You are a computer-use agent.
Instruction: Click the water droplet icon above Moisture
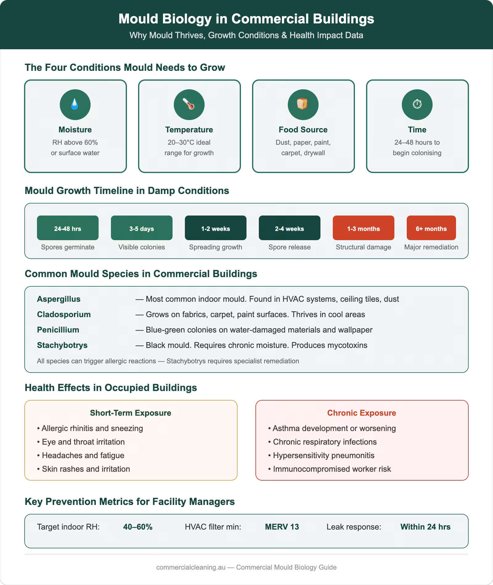pos(75,105)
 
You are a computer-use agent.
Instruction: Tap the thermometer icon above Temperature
pos(189,105)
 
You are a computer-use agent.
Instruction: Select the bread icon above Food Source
pos(303,105)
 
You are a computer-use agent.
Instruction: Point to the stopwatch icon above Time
pos(417,105)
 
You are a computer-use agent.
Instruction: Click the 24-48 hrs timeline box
pos(68,228)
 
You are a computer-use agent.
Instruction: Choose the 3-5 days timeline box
pos(142,228)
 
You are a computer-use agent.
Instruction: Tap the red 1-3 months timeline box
pos(364,228)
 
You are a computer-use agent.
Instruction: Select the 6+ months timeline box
pos(431,228)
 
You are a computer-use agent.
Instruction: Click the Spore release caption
pos(289,247)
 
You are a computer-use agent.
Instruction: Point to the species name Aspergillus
pos(59,299)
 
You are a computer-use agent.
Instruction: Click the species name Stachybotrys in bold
pos(62,345)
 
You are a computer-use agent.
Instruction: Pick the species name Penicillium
pos(58,330)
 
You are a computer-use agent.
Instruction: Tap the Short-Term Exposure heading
pos(130,413)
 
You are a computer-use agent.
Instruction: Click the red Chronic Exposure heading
pos(361,413)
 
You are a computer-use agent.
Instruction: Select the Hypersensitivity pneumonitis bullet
pos(324,455)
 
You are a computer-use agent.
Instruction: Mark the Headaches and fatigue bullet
pos(83,455)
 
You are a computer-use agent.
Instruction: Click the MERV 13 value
pos(282,527)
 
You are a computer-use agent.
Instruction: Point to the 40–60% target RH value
pos(138,527)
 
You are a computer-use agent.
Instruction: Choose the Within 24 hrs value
pos(425,527)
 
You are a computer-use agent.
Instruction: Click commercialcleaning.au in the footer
pos(191,567)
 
